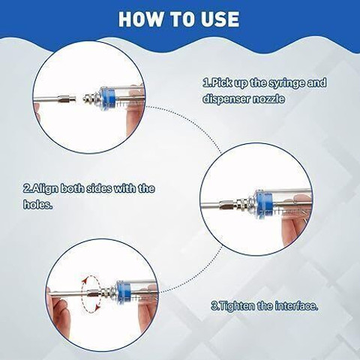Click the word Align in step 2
[44, 189]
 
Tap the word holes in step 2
[38, 204]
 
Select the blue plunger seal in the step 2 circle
[263, 204]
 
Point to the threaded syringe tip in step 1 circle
[91, 98]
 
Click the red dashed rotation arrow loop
[91, 294]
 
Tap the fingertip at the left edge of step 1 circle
[37, 109]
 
